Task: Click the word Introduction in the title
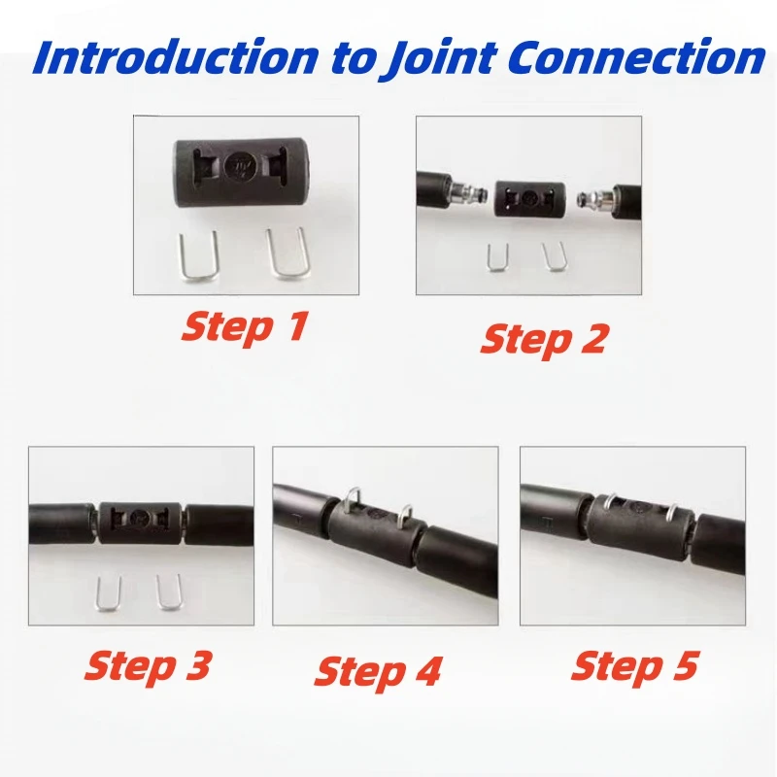click(x=176, y=57)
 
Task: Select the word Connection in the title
click(x=637, y=57)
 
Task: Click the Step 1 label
click(x=246, y=327)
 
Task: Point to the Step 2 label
click(x=544, y=340)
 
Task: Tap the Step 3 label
click(x=149, y=666)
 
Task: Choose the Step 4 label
click(x=378, y=672)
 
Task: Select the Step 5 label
click(x=635, y=666)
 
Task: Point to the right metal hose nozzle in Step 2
click(x=594, y=198)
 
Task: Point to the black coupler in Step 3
click(x=140, y=523)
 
